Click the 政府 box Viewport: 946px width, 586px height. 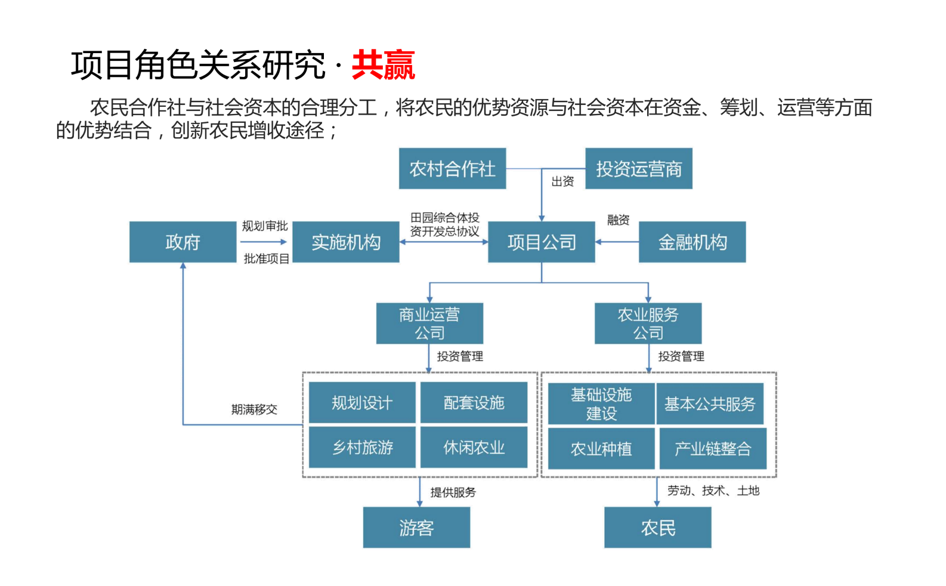coord(183,242)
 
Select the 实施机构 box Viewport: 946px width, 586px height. coord(346,242)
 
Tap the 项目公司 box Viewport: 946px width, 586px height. coord(541,242)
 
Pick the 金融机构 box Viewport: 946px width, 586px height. coord(692,242)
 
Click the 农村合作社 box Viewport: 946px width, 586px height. coord(452,169)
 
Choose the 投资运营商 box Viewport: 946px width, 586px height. coord(638,169)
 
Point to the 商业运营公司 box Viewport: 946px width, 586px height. coord(429,323)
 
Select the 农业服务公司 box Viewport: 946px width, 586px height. coord(648,323)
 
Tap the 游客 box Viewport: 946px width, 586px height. coord(416,528)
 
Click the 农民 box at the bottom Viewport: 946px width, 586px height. coord(657,528)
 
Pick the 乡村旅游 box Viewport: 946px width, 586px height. coord(362,448)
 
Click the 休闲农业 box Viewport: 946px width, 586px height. coord(474,448)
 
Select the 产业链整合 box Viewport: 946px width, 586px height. coord(712,449)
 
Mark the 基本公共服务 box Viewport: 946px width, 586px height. coord(710,404)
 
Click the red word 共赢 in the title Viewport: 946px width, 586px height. coord(383,65)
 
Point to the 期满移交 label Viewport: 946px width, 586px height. coord(254,409)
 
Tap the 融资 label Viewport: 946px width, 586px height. coord(618,220)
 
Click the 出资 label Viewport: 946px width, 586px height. coord(562,181)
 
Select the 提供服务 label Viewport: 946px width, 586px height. coord(453,492)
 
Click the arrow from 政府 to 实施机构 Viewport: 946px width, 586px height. coord(264,242)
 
